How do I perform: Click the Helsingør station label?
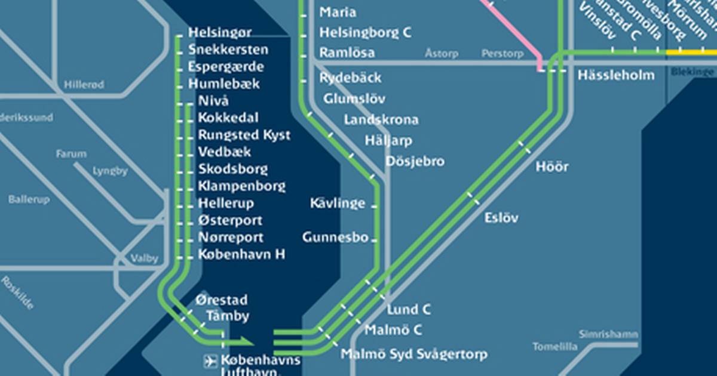pos(220,32)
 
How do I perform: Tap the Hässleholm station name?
pos(616,76)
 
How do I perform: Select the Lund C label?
pos(409,310)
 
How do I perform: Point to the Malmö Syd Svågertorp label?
pos(413,355)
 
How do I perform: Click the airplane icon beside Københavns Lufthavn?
pos(210,360)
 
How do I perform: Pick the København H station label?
pos(241,255)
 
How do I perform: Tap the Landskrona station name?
pos(381,120)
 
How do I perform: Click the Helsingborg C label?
pos(365,33)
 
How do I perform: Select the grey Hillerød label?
pos(84,85)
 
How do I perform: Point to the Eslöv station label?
pos(501,218)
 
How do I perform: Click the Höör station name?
pos(551,167)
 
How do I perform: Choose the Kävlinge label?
pos(337,204)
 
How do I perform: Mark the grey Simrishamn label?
pos(608,335)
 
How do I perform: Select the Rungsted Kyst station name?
pos(244,135)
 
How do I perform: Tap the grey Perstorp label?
pos(502,54)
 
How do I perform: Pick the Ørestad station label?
pos(221,300)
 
